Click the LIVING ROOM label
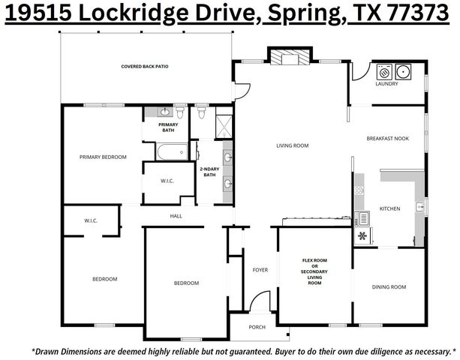click(293, 145)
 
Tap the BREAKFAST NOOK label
click(386, 139)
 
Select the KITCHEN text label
click(389, 208)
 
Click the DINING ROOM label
click(389, 286)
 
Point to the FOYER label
click(260, 269)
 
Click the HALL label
click(176, 216)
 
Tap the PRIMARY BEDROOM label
click(103, 157)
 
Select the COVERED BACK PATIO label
click(145, 67)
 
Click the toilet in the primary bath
click(180, 112)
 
